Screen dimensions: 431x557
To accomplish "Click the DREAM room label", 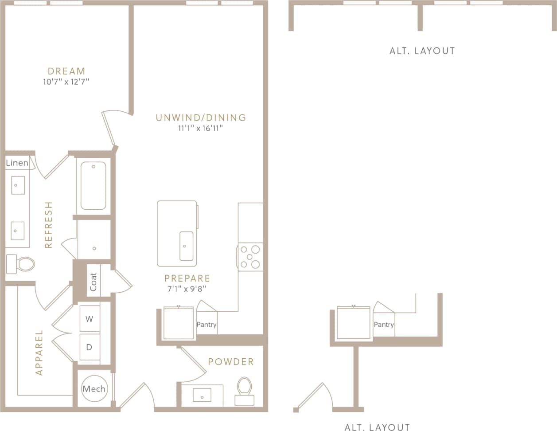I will click(x=66, y=71).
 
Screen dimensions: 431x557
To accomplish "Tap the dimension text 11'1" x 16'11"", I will click(x=200, y=129).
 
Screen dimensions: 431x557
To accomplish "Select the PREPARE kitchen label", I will click(x=187, y=278).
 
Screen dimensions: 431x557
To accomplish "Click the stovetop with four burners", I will click(x=250, y=257).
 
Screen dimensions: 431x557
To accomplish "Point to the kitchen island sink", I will click(x=186, y=246).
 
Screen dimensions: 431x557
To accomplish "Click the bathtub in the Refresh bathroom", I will click(x=93, y=185).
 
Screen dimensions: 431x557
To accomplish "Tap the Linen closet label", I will click(x=17, y=163).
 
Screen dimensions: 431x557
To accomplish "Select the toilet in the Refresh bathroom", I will click(x=21, y=264).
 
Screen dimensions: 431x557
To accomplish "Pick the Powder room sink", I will click(x=203, y=395).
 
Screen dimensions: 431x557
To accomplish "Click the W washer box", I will click(x=89, y=319).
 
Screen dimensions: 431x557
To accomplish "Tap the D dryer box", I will click(x=89, y=347).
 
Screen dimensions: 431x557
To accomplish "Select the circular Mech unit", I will click(x=94, y=389).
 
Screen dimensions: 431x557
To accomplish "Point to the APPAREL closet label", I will click(x=39, y=353).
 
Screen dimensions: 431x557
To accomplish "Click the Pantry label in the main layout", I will click(x=206, y=325).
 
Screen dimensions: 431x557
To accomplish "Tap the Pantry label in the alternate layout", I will click(x=384, y=325).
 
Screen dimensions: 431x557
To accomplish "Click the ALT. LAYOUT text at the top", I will click(x=422, y=51).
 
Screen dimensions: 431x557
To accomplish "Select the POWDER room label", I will click(x=231, y=362).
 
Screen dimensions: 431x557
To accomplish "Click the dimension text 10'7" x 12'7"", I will click(x=66, y=82).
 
